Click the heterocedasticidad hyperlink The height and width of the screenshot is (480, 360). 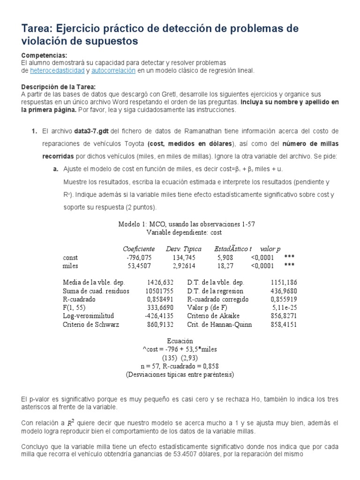click(x=57, y=71)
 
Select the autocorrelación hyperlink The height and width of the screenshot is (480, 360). click(x=113, y=71)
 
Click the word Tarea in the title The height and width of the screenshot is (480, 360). click(x=36, y=29)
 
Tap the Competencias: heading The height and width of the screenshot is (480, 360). click(x=45, y=55)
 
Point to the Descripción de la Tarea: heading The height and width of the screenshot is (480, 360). click(x=59, y=87)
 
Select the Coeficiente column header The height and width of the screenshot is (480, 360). click(x=139, y=249)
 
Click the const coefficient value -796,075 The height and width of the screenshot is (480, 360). click(x=139, y=257)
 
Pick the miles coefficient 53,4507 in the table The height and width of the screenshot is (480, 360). click(x=141, y=266)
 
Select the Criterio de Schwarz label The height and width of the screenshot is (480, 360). click(x=91, y=324)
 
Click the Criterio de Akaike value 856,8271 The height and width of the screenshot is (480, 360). click(x=283, y=316)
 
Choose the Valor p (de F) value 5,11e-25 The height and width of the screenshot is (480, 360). click(x=285, y=307)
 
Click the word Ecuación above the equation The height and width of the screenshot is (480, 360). click(x=180, y=341)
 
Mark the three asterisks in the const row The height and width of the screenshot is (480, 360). click(x=289, y=257)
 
